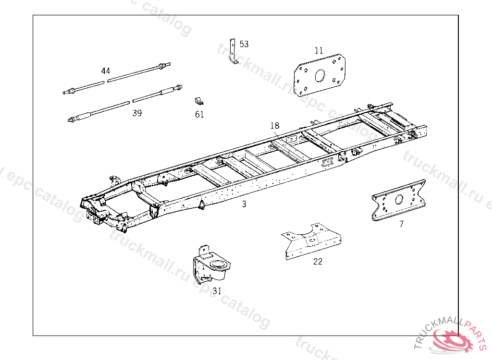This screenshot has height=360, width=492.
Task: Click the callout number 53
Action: click(244, 44)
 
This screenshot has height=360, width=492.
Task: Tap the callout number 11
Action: click(319, 50)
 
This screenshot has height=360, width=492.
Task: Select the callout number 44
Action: click(106, 71)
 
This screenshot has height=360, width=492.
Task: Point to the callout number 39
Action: click(137, 113)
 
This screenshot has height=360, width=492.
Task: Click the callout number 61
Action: click(199, 114)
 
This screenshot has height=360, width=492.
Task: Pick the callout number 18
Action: click(274, 126)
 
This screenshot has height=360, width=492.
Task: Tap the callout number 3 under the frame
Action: click(244, 204)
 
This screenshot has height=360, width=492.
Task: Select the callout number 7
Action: click(402, 224)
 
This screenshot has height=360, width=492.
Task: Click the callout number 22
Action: click(318, 262)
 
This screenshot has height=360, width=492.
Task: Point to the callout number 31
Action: click(217, 291)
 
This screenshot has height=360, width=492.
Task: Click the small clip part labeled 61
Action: click(198, 101)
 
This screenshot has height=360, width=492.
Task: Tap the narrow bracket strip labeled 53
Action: click(233, 51)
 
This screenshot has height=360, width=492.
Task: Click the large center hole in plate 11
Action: click(320, 75)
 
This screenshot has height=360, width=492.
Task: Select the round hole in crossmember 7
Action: click(399, 200)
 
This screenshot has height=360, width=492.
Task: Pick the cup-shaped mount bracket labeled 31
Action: click(211, 265)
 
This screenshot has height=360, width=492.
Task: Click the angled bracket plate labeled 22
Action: click(311, 241)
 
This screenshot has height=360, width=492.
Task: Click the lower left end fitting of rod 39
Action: click(73, 119)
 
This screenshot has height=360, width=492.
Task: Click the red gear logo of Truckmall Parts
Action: click(452, 340)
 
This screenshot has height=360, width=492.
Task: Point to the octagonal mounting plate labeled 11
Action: click(320, 75)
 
